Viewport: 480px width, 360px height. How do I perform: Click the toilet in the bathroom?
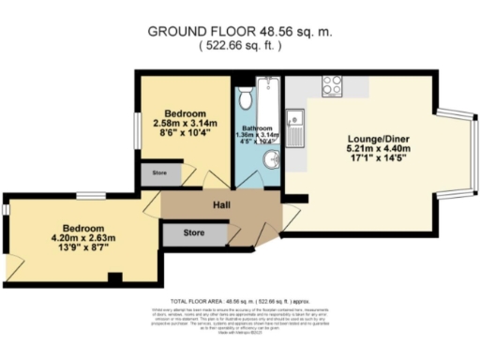point(244,97)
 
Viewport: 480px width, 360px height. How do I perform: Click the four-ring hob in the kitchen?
point(332,85)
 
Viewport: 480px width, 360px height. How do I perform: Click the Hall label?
point(221,205)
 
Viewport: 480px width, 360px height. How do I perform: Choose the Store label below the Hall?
point(194,233)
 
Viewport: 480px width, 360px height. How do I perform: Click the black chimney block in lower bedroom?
point(113,277)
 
